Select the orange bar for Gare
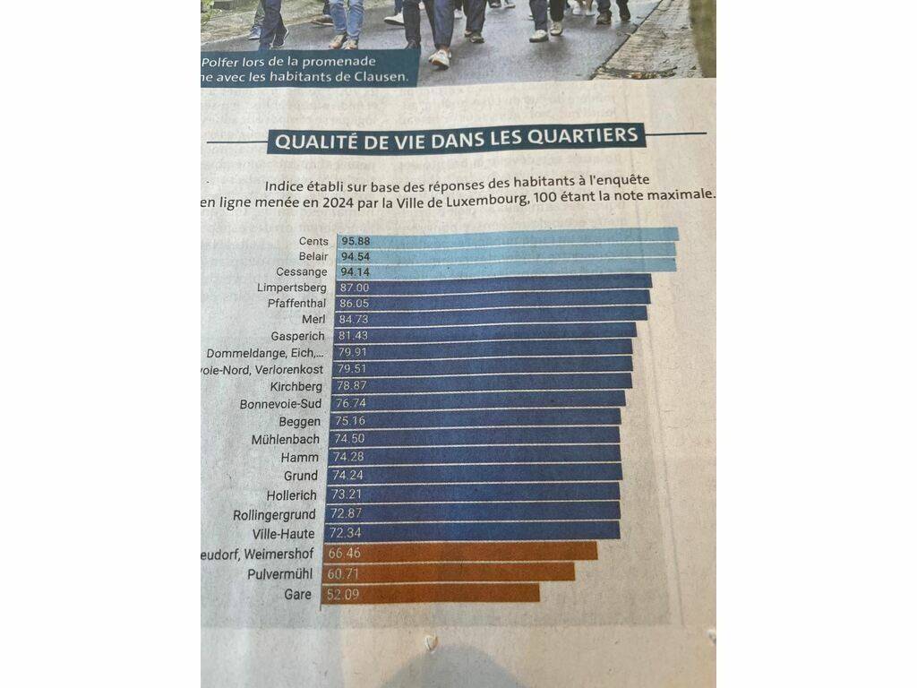click(x=430, y=594)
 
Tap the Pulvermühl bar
click(x=448, y=572)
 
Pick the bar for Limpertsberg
click(x=493, y=287)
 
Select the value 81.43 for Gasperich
click(x=354, y=335)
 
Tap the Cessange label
click(x=302, y=271)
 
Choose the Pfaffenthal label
click(x=296, y=304)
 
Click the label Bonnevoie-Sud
click(x=280, y=404)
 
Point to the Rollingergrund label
click(x=274, y=515)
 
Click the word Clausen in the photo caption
click(x=382, y=76)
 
